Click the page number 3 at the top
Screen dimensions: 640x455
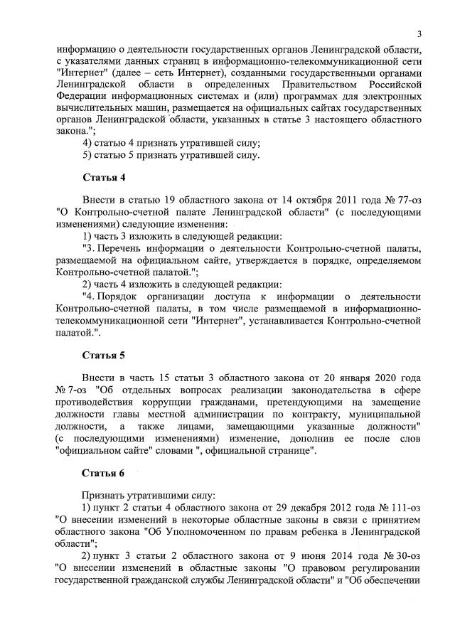point(419,35)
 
